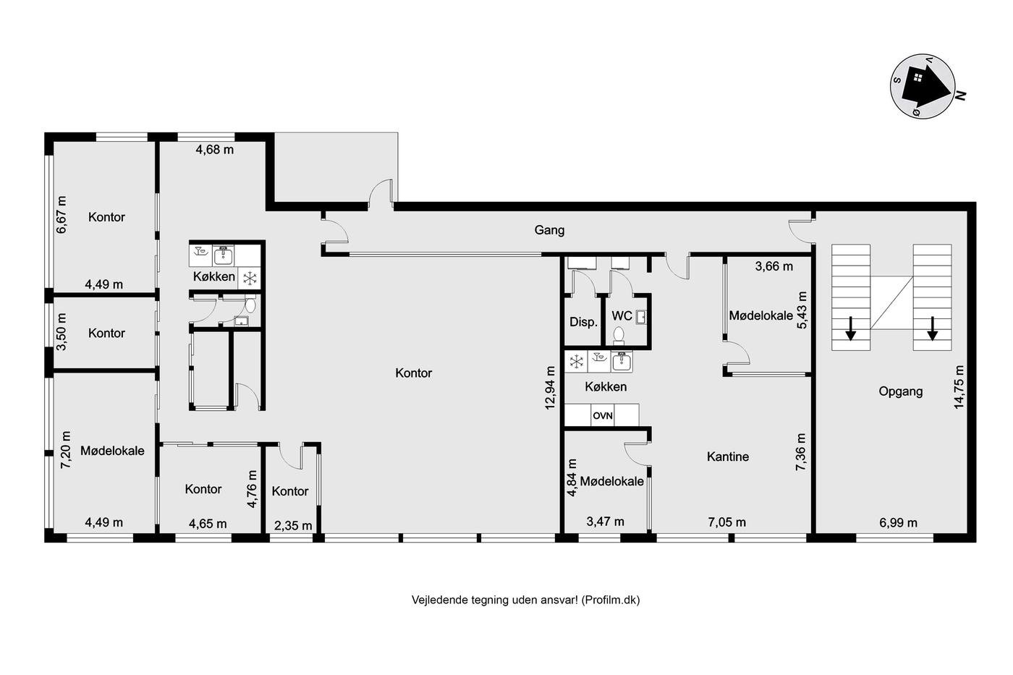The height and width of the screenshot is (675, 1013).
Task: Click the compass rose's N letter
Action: point(960,95)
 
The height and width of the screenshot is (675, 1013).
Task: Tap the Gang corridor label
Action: point(549,230)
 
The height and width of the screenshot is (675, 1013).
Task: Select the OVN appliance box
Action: point(602,415)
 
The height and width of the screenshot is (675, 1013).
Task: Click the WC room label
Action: point(622,315)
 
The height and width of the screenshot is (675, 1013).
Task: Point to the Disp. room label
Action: point(583,322)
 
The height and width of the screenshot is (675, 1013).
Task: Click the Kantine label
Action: point(728,457)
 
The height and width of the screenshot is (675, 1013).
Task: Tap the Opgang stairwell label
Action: point(900,391)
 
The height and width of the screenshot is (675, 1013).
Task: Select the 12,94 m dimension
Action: point(550,388)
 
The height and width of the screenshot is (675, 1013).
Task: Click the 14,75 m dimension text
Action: point(959,386)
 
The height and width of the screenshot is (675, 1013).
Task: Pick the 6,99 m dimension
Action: point(898,523)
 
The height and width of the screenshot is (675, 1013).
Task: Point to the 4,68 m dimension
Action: point(215,150)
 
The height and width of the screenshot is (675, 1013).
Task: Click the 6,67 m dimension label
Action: point(61,215)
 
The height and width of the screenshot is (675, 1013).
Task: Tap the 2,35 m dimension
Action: point(293,526)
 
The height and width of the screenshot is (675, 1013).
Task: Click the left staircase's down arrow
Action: point(851,328)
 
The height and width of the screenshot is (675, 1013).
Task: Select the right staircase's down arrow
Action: point(932,328)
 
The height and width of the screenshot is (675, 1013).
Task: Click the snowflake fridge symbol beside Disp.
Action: point(576,361)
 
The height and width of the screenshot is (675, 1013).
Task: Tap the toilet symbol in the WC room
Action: point(619,335)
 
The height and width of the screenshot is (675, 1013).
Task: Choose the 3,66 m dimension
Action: point(773,266)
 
